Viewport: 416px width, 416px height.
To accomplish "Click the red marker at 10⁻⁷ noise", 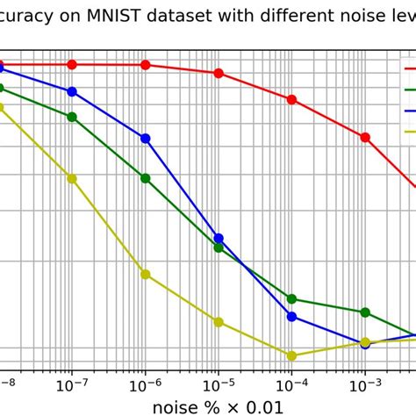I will [x=72, y=65].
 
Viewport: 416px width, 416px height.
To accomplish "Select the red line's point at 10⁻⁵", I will [x=219, y=73].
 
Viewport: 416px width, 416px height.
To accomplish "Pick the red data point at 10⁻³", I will [x=365, y=137].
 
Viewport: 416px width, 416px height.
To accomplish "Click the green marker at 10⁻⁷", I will [x=72, y=117].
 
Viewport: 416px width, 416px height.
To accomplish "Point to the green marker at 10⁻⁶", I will [x=146, y=178].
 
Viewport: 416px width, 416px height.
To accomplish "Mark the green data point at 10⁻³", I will [x=365, y=312].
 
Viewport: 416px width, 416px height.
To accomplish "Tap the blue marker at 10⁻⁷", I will [x=72, y=91].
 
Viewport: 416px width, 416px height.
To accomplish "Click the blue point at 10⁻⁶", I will [x=146, y=139].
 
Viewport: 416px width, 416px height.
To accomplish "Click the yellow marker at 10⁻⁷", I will [x=72, y=178].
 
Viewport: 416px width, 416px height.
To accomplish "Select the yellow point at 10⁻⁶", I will [x=146, y=274].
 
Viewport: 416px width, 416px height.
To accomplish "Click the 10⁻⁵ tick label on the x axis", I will [x=219, y=385].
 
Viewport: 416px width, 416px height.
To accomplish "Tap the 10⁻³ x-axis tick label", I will [x=365, y=385].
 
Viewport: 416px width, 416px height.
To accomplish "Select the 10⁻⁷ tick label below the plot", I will [x=72, y=385].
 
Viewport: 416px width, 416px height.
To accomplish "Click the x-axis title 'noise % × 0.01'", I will [x=219, y=406].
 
